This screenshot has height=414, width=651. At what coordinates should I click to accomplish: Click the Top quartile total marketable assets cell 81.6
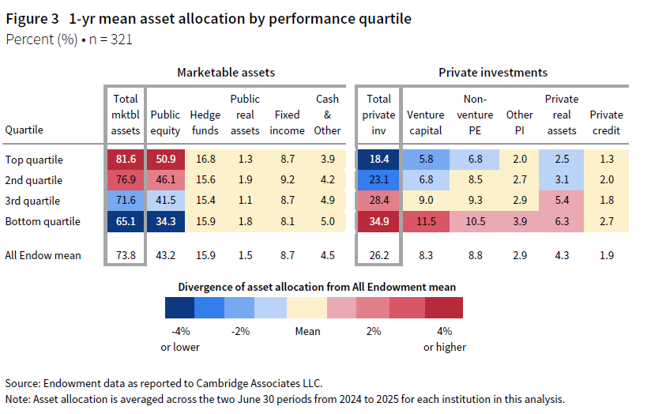[126, 160]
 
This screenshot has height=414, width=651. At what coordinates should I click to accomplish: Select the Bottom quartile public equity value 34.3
[165, 221]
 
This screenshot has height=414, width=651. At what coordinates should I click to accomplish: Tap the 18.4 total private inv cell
[378, 160]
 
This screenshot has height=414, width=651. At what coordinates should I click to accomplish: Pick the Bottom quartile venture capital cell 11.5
[425, 221]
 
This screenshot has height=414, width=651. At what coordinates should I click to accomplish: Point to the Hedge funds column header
[206, 122]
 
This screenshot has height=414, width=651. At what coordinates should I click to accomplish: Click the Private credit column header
[606, 122]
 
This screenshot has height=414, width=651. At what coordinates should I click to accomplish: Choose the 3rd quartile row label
[32, 201]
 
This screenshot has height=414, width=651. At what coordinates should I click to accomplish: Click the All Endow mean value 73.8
[126, 254]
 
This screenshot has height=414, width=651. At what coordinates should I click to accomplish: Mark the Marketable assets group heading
[226, 73]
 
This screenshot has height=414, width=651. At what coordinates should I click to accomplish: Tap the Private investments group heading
[493, 73]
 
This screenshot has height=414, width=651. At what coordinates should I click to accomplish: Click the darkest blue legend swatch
[179, 307]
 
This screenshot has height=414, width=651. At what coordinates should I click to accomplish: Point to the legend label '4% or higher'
[445, 338]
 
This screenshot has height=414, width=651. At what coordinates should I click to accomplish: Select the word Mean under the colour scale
[307, 331]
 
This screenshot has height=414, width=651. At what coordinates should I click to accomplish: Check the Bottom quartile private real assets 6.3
[562, 221]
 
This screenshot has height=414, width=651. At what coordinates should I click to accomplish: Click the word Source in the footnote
[24, 382]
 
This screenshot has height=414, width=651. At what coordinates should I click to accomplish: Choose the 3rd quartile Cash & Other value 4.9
[327, 201]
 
